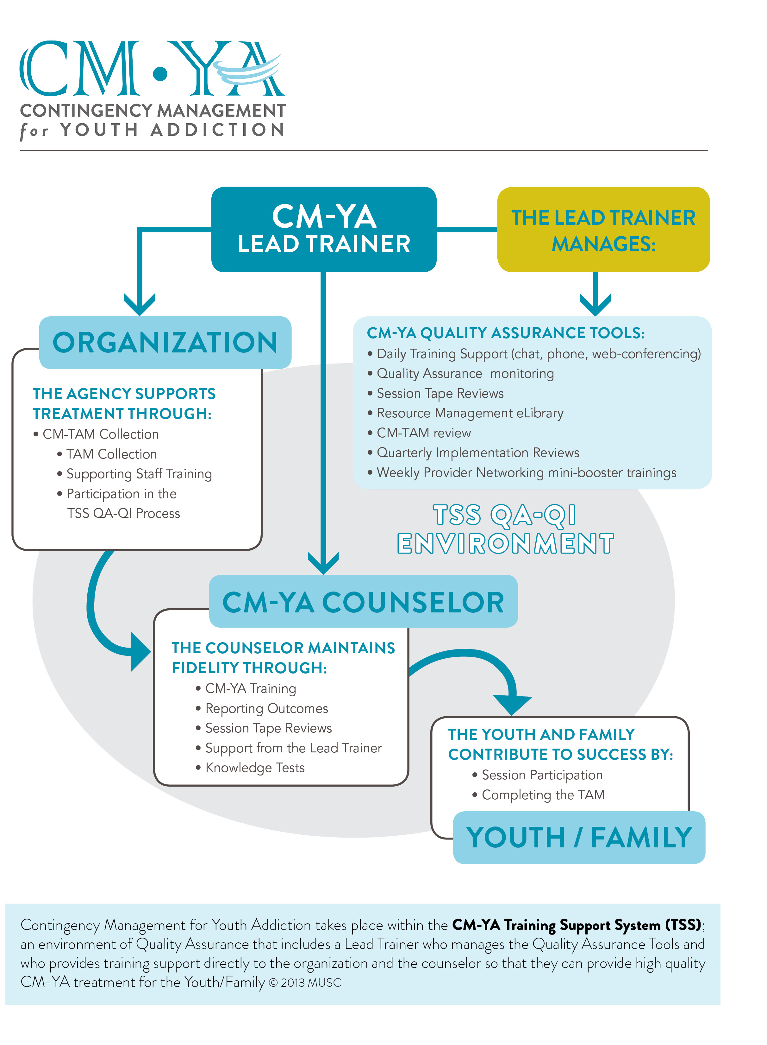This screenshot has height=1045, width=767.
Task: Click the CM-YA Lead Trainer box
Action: (324, 229)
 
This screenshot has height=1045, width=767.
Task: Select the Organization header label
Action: (165, 342)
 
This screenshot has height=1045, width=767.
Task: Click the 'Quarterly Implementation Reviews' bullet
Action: (478, 453)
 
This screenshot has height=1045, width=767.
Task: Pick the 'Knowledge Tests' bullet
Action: (254, 768)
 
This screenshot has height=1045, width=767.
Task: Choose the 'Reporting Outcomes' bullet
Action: (266, 709)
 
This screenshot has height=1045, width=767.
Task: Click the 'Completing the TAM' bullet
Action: (543, 795)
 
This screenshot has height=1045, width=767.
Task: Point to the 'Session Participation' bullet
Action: (542, 775)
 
